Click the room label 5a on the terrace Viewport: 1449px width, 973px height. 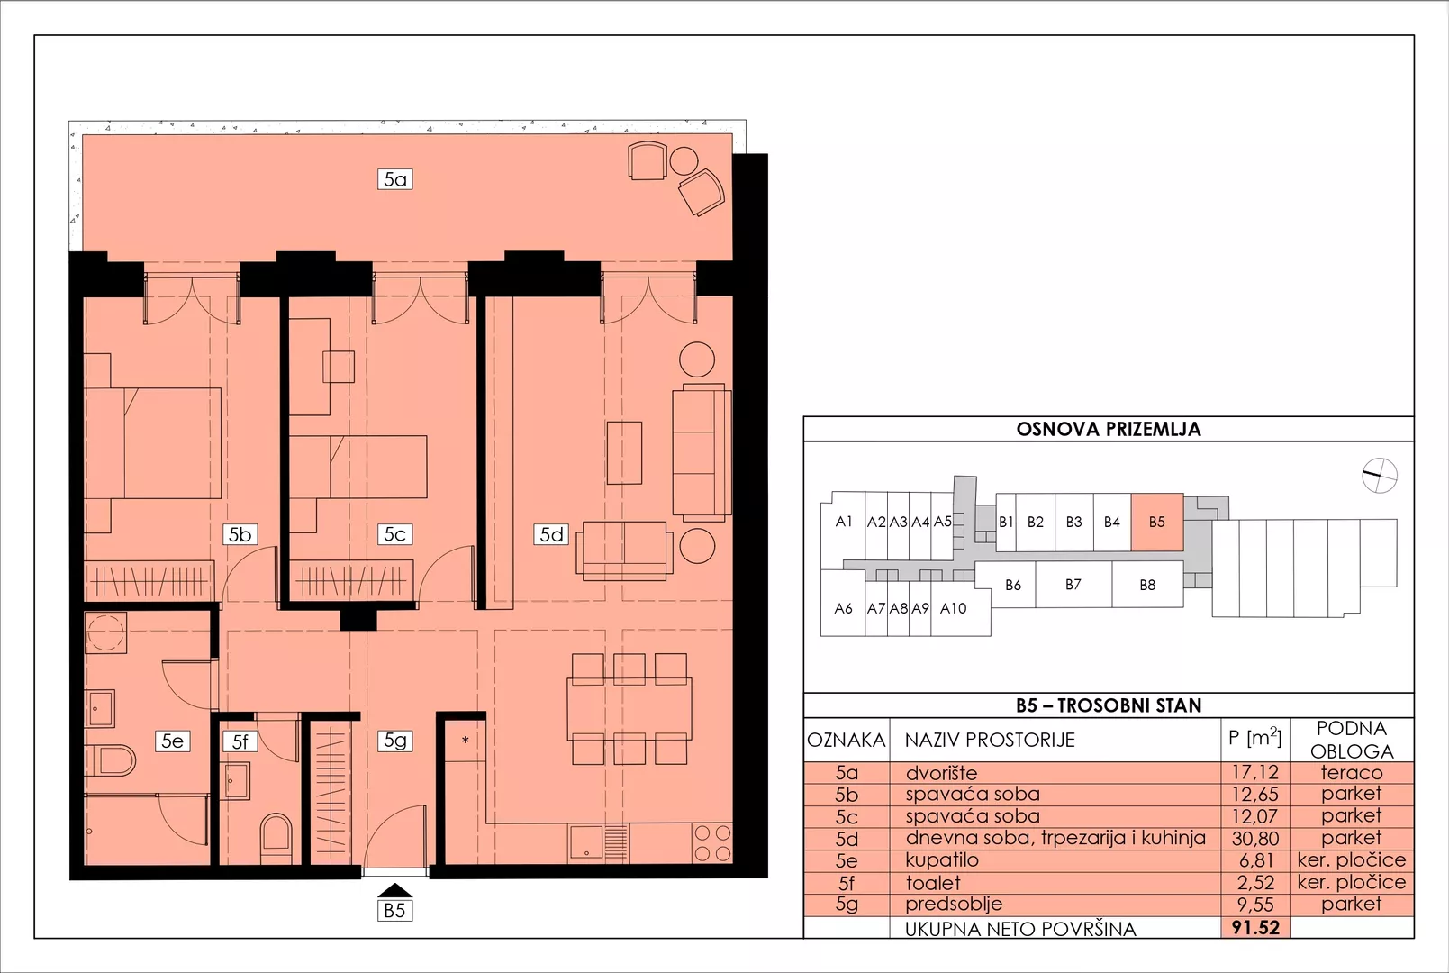(x=394, y=179)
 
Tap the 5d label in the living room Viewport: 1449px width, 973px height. (x=551, y=534)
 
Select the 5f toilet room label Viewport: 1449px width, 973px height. (x=240, y=741)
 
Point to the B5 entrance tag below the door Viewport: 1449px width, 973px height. (x=394, y=910)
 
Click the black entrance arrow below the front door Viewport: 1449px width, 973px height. (x=394, y=890)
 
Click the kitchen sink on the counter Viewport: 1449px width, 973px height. (x=587, y=843)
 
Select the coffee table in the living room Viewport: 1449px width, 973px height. (x=624, y=453)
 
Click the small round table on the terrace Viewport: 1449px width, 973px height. (x=684, y=161)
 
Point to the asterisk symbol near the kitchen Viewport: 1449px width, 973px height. (x=465, y=741)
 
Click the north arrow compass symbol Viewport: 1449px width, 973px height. (x=1379, y=476)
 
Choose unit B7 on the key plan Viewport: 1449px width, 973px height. (x=1073, y=584)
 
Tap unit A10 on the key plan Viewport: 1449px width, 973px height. (x=954, y=608)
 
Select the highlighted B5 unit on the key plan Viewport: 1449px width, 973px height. (x=1157, y=522)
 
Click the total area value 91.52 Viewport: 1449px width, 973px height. (x=1255, y=928)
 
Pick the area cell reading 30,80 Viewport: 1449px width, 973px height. (x=1255, y=839)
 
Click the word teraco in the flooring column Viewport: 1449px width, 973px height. (x=1352, y=772)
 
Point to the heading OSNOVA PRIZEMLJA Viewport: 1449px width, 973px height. (x=1108, y=430)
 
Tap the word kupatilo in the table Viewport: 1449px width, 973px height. (x=942, y=860)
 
